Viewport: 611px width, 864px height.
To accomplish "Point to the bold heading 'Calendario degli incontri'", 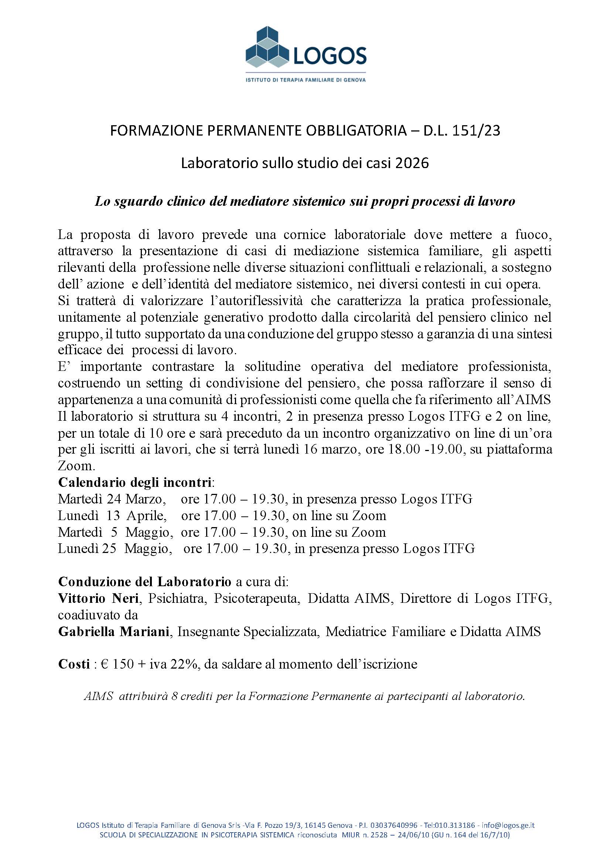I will click(x=135, y=482).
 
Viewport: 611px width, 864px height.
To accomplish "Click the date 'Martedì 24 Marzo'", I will click(x=112, y=499).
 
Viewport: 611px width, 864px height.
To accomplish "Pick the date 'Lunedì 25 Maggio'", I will click(x=115, y=549).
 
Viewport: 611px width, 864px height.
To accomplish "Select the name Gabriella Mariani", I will click(x=113, y=631).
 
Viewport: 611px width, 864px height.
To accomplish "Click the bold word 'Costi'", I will click(x=74, y=664).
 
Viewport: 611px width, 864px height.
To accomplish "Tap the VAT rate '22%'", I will click(x=183, y=664).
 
